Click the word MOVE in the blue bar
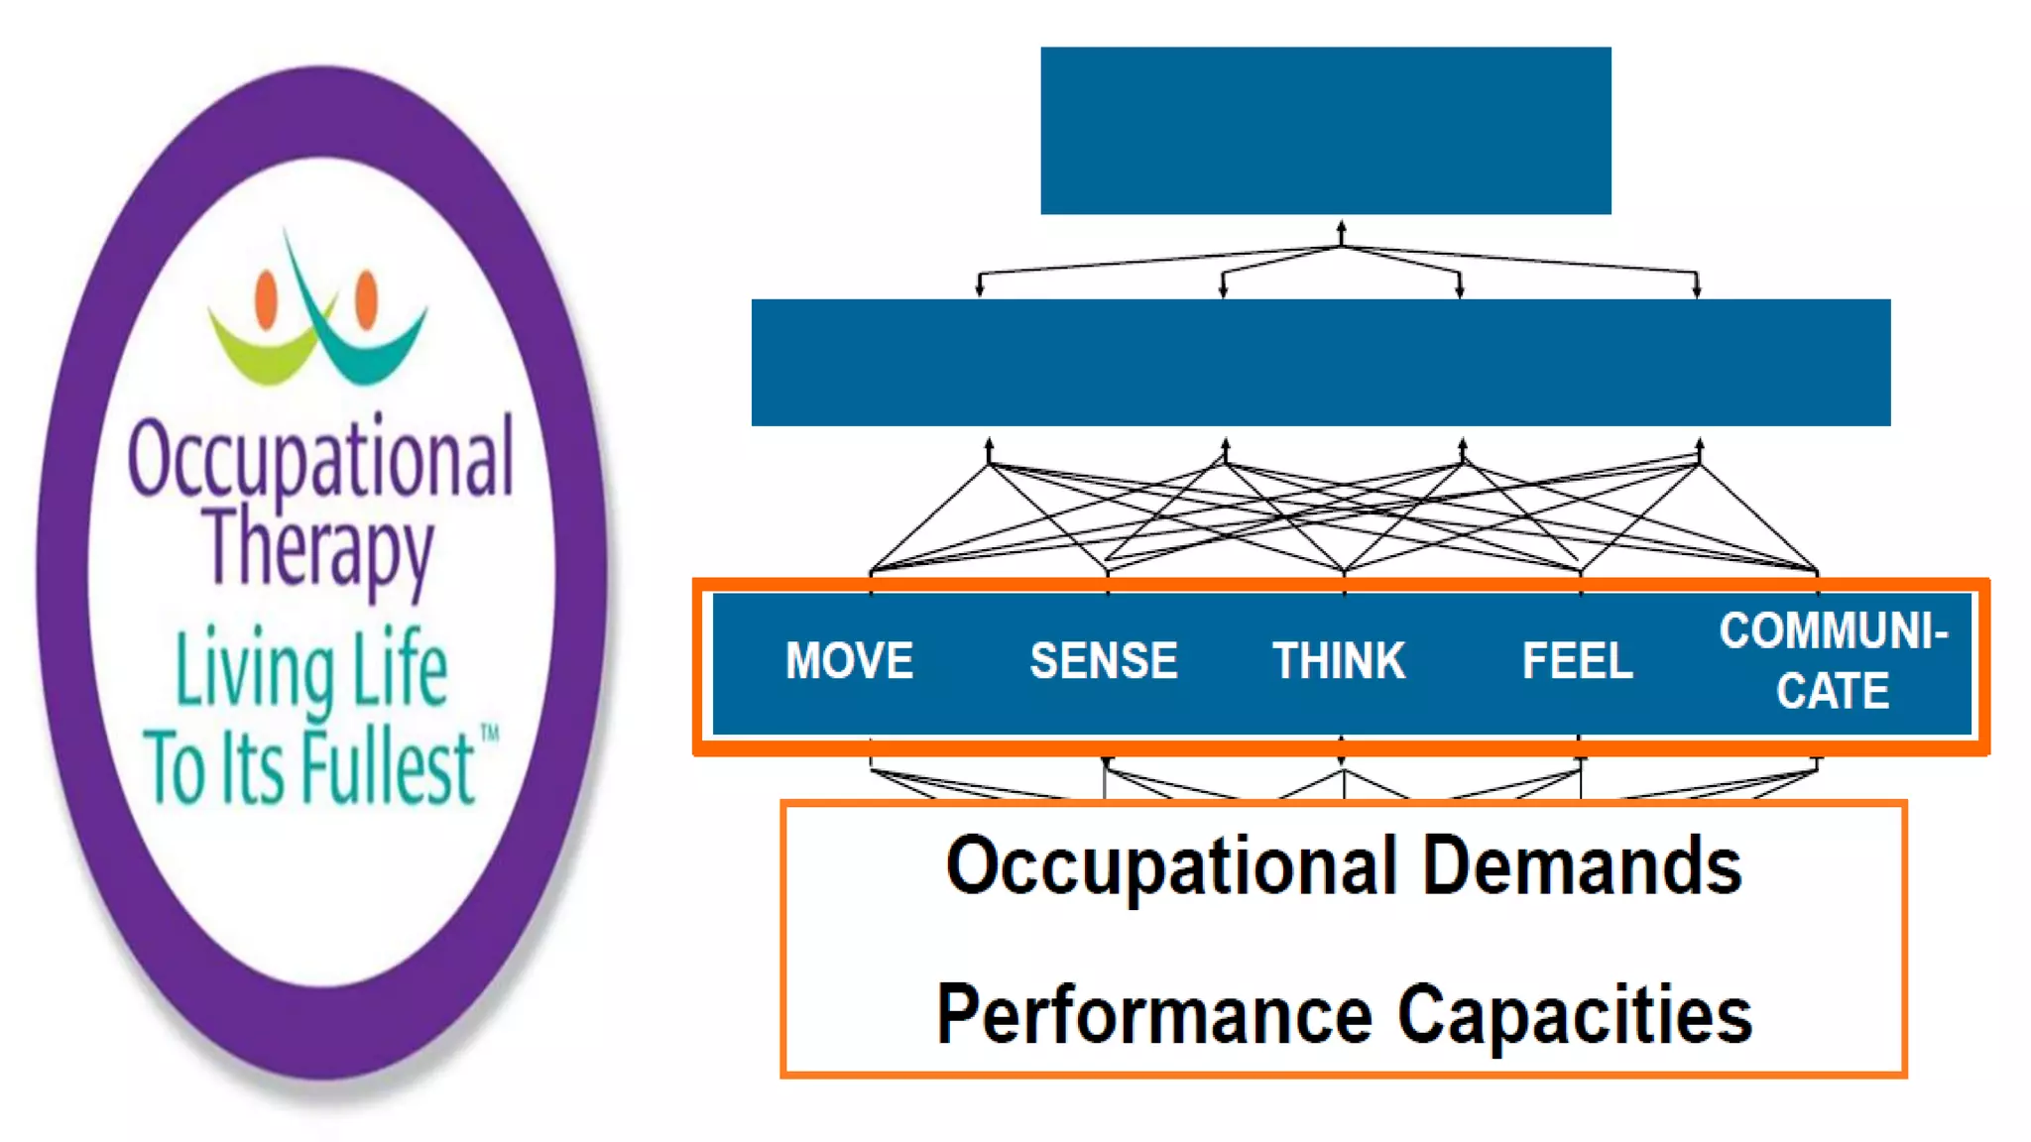[849, 661]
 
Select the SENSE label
[1104, 661]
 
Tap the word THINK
[1339, 661]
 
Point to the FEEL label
[1577, 661]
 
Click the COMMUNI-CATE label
[1833, 661]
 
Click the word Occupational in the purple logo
[320, 459]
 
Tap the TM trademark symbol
[489, 734]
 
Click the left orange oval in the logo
[265, 299]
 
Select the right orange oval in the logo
[366, 297]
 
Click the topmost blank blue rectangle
[1325, 130]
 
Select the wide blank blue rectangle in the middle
[1320, 363]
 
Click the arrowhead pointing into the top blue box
[1341, 228]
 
